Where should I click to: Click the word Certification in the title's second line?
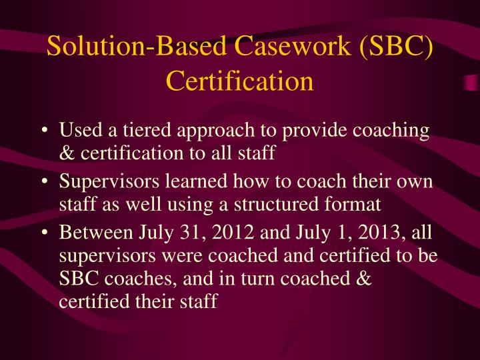point(239,81)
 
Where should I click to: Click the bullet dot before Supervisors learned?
point(43,181)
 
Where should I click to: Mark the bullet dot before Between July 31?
point(43,233)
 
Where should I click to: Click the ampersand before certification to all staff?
point(67,153)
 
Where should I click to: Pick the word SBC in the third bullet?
point(79,278)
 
